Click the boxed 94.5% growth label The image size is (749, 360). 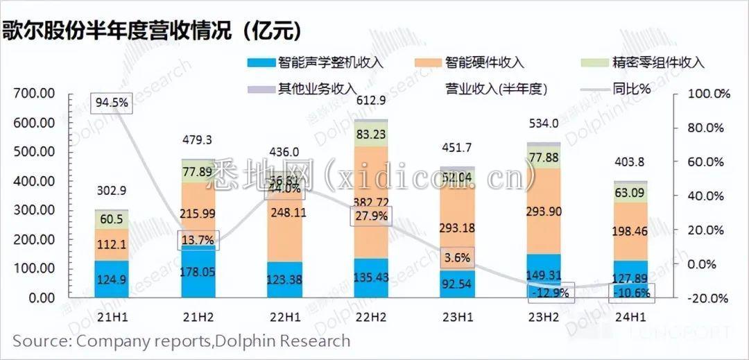(x=112, y=103)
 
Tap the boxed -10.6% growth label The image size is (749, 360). (x=630, y=293)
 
